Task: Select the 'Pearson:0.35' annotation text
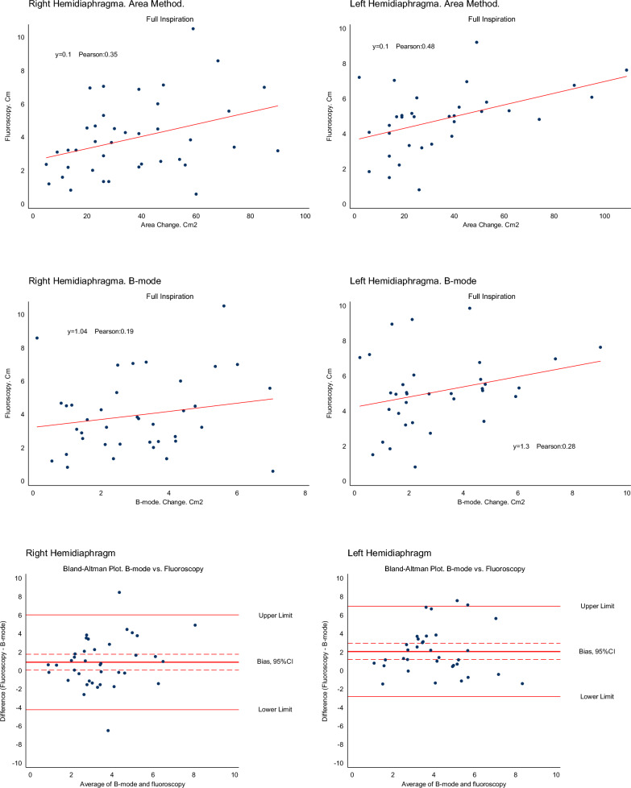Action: [100, 55]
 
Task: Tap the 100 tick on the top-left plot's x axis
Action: [305, 216]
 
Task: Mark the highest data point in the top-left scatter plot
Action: [193, 29]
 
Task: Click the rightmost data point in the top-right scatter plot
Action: [626, 70]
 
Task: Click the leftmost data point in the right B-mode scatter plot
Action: [36, 338]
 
